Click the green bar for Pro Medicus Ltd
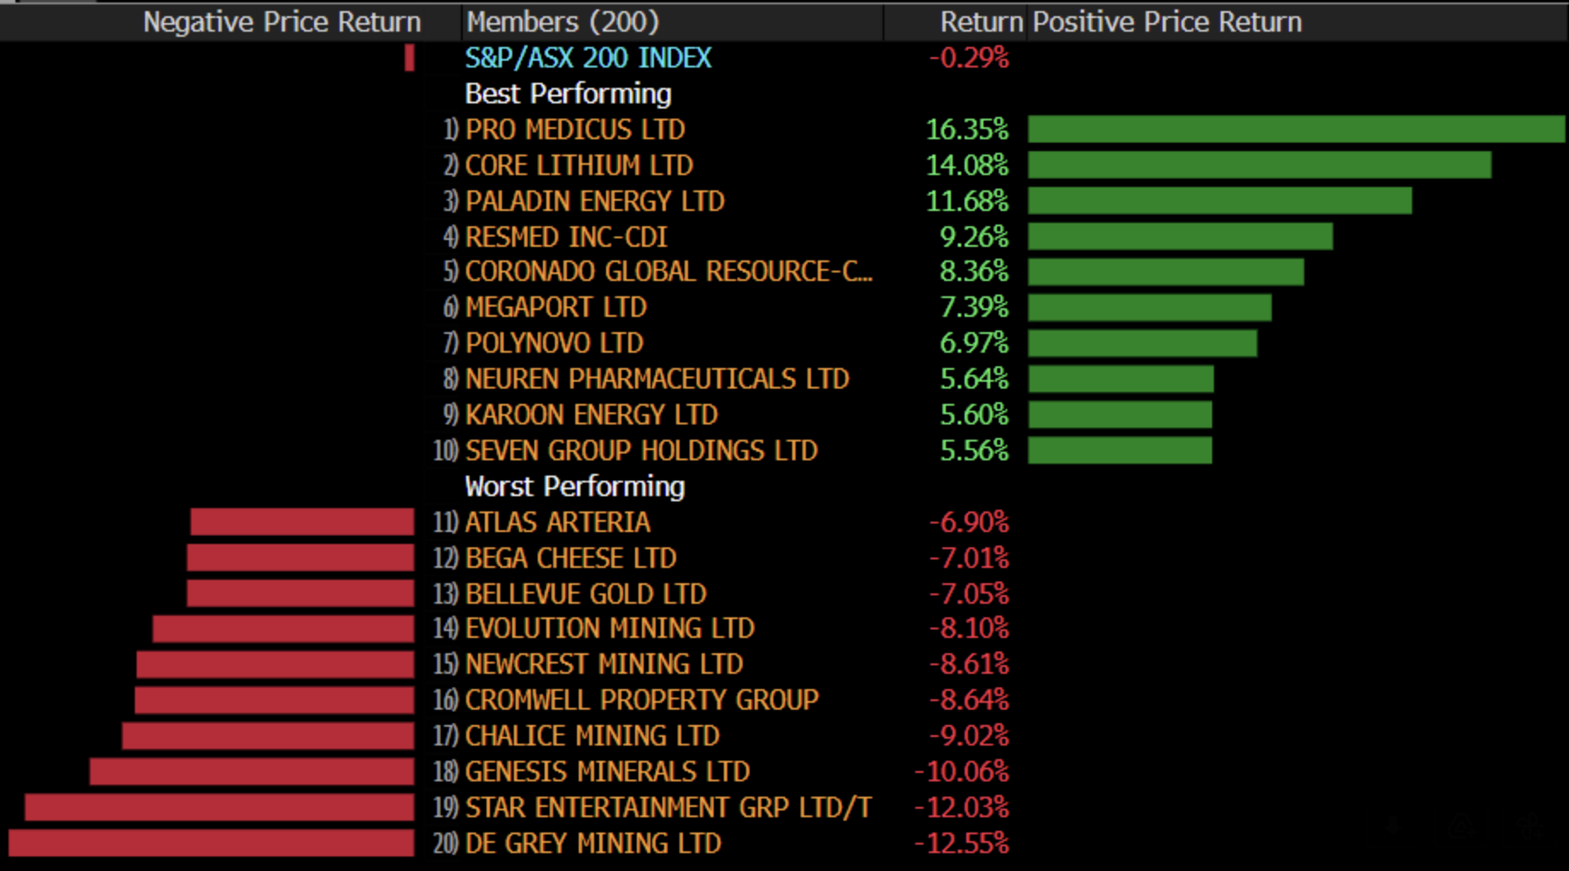pos(1296,129)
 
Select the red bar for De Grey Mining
pos(211,843)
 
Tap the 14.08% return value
pos(966,165)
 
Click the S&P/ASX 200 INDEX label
pos(587,58)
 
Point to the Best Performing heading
pos(568,94)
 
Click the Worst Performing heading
pos(575,487)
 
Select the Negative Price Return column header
pos(282,22)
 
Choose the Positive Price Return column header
pos(1167,22)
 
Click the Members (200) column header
pos(563,22)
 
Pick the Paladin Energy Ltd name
pos(594,202)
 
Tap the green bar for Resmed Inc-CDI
pos(1180,237)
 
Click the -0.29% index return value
pos(968,58)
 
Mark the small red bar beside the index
pos(410,58)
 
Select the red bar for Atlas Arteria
pos(302,522)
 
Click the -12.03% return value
pos(961,807)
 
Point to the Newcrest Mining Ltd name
pos(604,664)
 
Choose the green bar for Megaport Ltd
pos(1149,307)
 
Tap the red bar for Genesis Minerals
pos(252,771)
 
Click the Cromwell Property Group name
pos(641,700)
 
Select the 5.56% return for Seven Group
pos(973,451)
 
